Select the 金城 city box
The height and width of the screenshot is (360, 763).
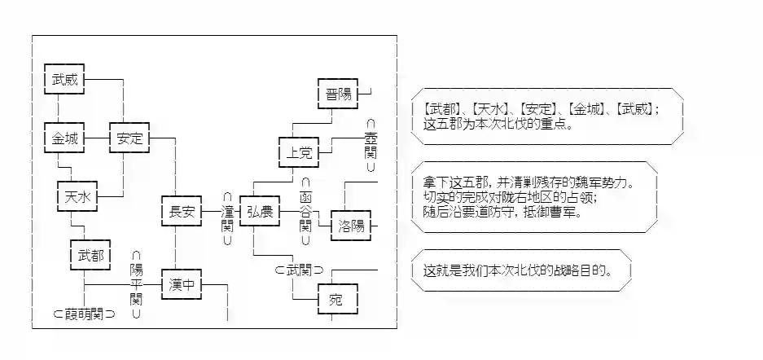coord(65,138)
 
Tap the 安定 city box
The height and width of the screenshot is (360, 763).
coord(130,138)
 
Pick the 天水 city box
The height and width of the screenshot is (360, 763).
coord(78,195)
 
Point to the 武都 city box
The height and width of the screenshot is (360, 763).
coord(91,255)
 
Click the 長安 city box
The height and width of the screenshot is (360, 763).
coord(182,212)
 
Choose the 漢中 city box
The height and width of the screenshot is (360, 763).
coord(182,285)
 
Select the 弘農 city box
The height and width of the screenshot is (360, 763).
coord(261,212)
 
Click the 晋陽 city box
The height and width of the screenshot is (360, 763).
coord(338,94)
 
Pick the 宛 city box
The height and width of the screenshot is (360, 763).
coord(337,299)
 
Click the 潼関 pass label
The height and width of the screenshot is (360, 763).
coord(227,218)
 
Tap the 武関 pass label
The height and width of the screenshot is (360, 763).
coord(299,270)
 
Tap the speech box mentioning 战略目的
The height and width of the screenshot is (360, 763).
coord(522,270)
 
